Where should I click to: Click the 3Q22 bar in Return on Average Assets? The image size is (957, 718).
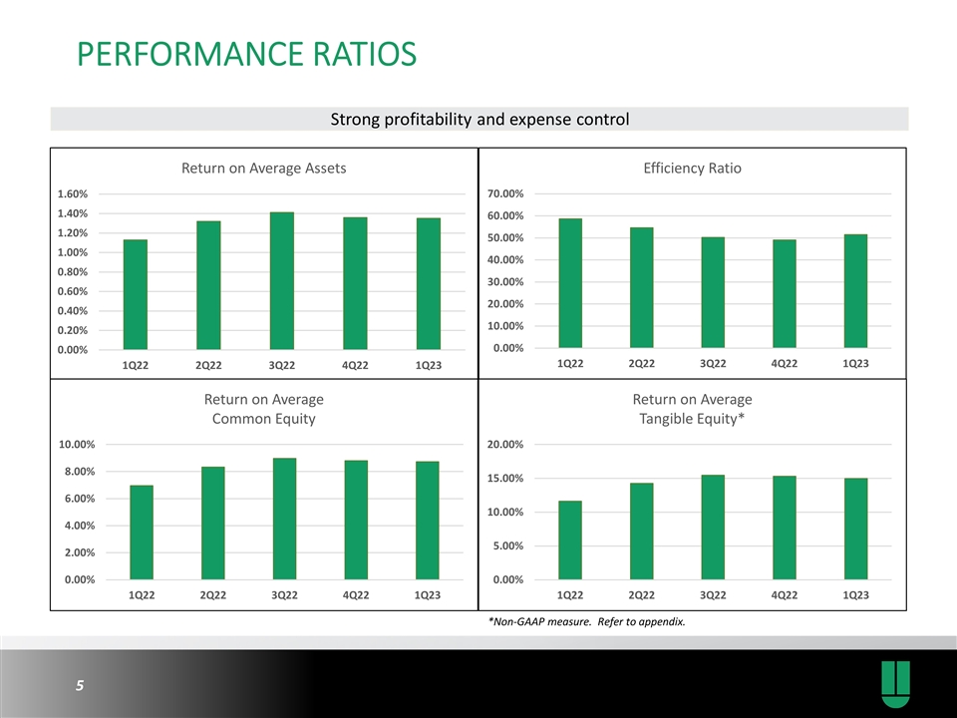(x=282, y=281)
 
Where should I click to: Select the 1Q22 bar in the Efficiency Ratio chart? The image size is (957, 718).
(x=570, y=283)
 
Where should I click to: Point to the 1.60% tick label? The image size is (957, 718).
(x=73, y=194)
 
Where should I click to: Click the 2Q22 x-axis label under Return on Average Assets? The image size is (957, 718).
(x=208, y=365)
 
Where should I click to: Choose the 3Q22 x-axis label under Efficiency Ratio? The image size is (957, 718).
(x=713, y=364)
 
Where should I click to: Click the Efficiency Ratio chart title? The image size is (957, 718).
(x=693, y=169)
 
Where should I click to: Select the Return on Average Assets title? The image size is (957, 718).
(x=263, y=169)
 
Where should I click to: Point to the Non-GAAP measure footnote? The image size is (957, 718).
(x=586, y=623)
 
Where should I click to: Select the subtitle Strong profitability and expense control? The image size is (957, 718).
(x=479, y=121)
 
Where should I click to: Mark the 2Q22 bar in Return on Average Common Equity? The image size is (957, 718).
(x=212, y=523)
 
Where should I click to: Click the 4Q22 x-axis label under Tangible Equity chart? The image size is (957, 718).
(x=785, y=595)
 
